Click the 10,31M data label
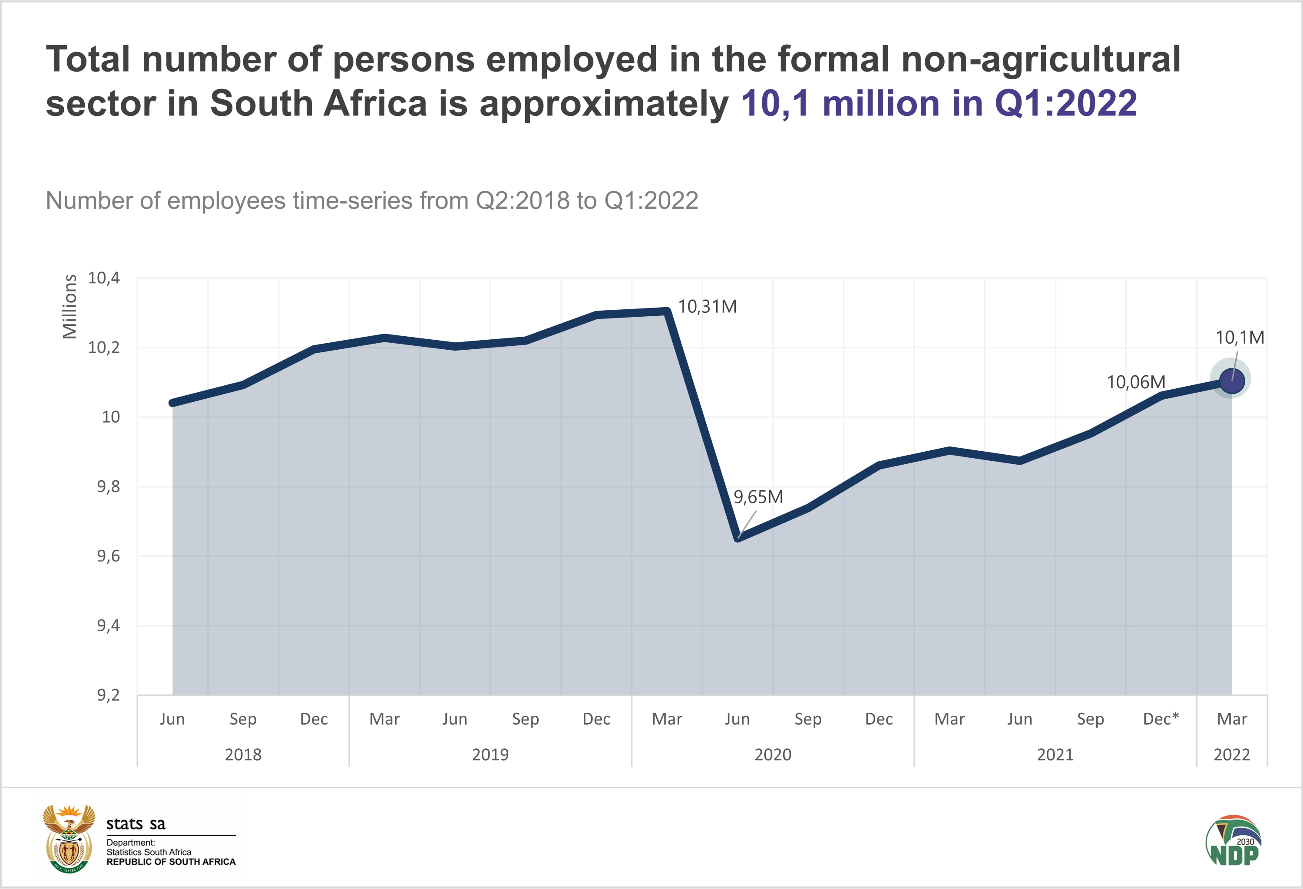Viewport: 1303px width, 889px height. click(707, 307)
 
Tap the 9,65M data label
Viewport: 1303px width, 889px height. click(758, 497)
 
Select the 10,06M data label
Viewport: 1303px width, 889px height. click(1136, 382)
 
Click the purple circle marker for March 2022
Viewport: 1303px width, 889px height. click(1232, 381)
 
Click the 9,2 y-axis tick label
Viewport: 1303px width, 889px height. click(108, 695)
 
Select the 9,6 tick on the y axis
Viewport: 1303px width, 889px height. click(108, 556)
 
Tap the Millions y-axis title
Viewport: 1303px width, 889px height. click(69, 306)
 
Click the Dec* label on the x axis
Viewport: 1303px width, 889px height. click(1161, 719)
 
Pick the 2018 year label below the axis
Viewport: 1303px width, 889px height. click(243, 755)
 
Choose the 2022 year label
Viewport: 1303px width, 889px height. click(1232, 755)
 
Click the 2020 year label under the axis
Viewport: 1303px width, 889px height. click(773, 755)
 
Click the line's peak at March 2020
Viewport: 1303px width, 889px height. click(667, 312)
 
